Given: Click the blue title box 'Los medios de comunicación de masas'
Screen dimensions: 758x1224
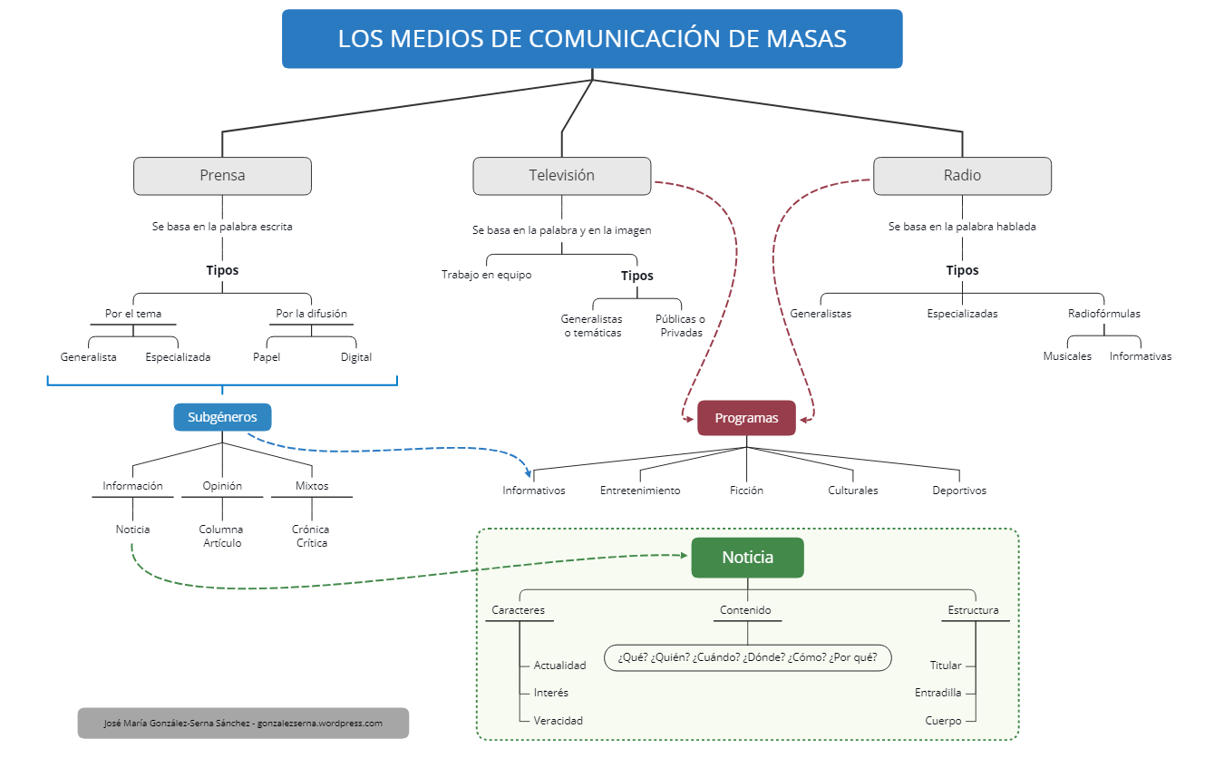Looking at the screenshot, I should coord(592,39).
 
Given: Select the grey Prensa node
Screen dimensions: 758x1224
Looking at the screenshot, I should coord(222,176).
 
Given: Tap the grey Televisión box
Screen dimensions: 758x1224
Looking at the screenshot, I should coord(561,176).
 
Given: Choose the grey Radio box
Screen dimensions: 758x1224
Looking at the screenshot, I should coord(962,176).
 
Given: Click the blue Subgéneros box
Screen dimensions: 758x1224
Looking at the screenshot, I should coord(222,417).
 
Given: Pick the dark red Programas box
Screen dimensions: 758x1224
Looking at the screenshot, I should coord(746,418).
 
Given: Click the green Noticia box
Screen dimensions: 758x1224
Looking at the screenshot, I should coord(747,558).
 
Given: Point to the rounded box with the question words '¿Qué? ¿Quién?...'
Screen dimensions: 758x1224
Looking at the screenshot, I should coord(748,657).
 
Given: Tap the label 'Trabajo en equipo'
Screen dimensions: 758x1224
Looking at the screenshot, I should coord(487,275).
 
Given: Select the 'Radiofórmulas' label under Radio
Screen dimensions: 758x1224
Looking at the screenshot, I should coord(1103,314).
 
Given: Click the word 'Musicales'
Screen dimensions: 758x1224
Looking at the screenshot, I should coord(1067,356).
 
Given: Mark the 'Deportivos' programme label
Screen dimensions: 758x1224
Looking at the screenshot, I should coord(959,491).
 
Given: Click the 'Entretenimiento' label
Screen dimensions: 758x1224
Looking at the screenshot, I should coord(640,491).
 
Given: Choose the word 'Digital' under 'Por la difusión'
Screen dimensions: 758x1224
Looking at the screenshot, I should coord(356,357).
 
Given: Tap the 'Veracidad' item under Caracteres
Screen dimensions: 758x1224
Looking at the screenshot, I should coord(559,721).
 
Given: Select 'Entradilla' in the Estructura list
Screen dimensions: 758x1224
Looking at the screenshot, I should coord(937,693).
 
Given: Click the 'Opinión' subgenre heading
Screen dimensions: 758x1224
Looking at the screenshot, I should coord(222,486).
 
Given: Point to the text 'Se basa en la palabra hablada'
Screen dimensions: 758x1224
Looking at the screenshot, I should coord(962,227).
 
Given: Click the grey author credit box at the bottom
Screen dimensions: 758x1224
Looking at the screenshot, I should coord(243,724).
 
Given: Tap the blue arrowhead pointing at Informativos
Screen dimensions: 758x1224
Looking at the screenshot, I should coord(529,473).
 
